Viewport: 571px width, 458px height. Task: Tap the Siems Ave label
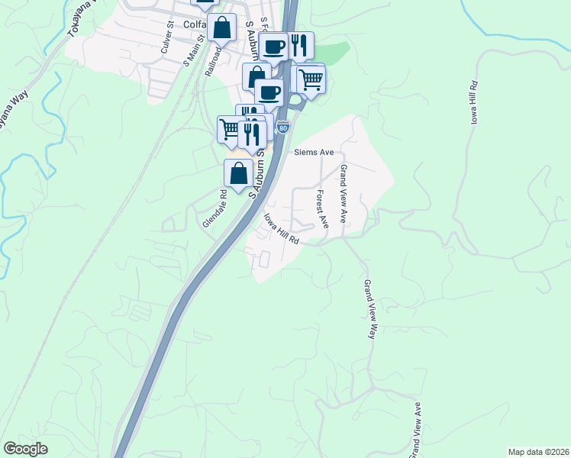(315, 152)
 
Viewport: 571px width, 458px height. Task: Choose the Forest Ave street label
(321, 209)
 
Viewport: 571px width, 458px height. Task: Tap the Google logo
(25, 449)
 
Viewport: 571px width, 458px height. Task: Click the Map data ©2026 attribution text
(538, 451)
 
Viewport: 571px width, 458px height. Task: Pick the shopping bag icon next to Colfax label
(221, 27)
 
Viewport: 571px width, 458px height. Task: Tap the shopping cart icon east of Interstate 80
(311, 79)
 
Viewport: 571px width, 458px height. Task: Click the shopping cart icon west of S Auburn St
(230, 128)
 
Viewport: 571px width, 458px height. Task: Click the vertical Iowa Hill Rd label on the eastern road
(473, 106)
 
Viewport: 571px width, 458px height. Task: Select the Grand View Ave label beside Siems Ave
(344, 194)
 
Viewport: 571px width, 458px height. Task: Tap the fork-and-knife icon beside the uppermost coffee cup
(301, 45)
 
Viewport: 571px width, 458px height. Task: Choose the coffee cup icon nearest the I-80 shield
(268, 92)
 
